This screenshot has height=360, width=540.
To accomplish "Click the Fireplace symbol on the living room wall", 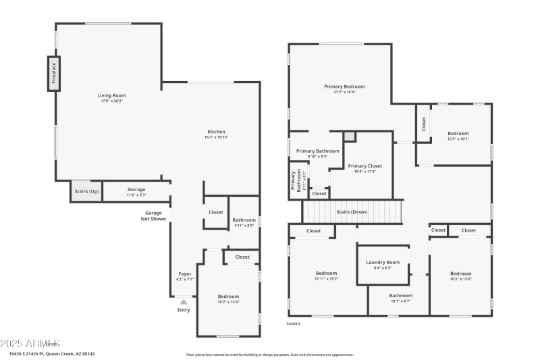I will coord(53,74).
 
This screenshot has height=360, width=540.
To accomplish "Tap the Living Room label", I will coord(111,98).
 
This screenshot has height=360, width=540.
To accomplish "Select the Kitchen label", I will coord(216,134).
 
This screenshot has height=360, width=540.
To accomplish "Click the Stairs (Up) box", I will coord(86,191).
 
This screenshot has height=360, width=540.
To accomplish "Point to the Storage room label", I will coord(136,192).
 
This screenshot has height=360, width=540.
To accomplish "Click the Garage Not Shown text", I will coord(153,215).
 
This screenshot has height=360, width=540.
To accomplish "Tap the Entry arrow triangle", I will coord(184,302).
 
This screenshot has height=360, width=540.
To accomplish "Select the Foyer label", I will coord(185,276).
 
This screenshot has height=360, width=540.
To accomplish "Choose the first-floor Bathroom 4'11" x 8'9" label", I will coord(244,222).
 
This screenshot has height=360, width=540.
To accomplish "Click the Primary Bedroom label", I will coord(344,89).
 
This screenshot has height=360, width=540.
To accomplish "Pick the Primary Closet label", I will coord(365,168).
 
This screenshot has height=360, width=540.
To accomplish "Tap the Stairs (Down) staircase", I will coord(352,211).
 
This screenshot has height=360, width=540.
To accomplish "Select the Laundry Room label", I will coord(383,265).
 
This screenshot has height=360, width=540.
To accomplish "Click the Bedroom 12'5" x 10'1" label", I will coord(458,136).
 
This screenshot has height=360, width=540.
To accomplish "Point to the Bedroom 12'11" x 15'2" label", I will coord(326,276).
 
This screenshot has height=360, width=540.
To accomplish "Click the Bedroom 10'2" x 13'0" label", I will coord(461,276).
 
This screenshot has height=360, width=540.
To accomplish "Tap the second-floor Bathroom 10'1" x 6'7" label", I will coord(400,298).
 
